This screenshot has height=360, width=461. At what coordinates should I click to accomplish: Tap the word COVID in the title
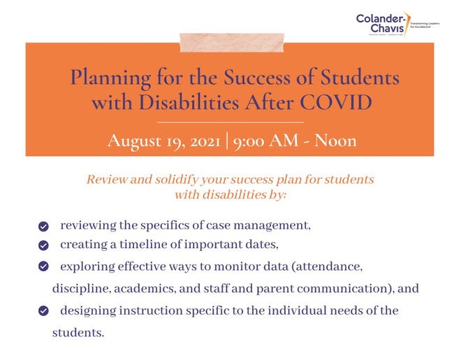click(337, 102)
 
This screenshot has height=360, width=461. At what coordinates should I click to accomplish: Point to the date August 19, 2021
click(162, 140)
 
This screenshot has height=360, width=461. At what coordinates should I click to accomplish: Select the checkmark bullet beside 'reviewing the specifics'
click(43, 226)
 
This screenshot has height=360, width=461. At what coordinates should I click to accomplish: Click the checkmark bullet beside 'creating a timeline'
click(43, 245)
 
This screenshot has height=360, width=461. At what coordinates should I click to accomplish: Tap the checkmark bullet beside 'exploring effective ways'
click(43, 266)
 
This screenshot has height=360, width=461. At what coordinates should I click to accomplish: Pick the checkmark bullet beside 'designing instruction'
click(43, 310)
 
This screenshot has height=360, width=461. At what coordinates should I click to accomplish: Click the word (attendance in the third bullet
click(330, 266)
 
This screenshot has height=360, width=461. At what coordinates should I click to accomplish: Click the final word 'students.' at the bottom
click(78, 332)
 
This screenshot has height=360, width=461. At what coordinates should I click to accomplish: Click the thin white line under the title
click(230, 122)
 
